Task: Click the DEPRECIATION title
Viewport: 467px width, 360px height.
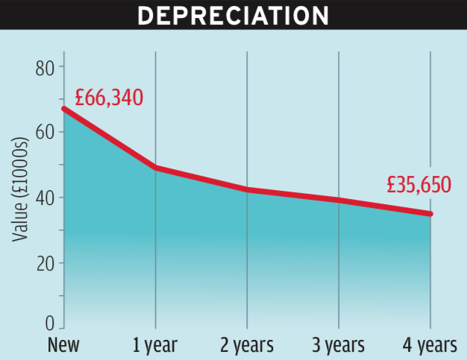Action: pyautogui.click(x=233, y=15)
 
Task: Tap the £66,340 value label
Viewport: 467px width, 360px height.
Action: pyautogui.click(x=109, y=98)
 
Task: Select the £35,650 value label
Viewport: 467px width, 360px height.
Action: pyautogui.click(x=419, y=184)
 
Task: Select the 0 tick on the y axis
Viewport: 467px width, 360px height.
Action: pyautogui.click(x=50, y=325)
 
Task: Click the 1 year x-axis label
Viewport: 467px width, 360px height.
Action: pyautogui.click(x=155, y=346)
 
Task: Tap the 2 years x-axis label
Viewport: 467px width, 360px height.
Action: pyautogui.click(x=246, y=346)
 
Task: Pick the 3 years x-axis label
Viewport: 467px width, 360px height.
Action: pyautogui.click(x=338, y=346)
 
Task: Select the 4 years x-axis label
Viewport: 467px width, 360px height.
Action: pyautogui.click(x=429, y=346)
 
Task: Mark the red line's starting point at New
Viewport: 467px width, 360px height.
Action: pyautogui.click(x=64, y=109)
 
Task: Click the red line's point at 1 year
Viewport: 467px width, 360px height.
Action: pyautogui.click(x=155, y=168)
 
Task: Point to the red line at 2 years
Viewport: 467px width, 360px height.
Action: pyautogui.click(x=247, y=190)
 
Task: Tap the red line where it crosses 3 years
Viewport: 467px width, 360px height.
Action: pyautogui.click(x=339, y=200)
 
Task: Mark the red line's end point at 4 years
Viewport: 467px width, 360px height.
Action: pyautogui.click(x=430, y=213)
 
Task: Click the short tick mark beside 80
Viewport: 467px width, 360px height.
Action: pyautogui.click(x=60, y=68)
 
